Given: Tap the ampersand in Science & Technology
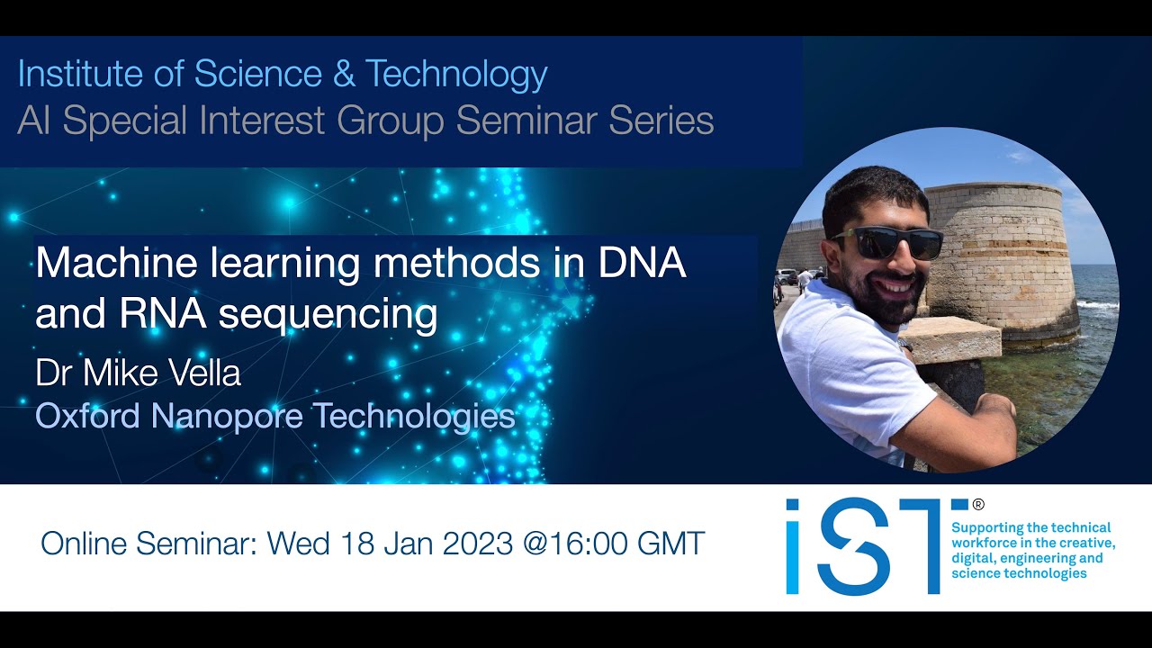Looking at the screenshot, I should pos(343,75).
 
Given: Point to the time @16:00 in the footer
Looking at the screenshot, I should pos(587,544).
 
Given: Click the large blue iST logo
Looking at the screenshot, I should pos(864,546).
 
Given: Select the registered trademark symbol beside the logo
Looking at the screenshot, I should pos(978,506).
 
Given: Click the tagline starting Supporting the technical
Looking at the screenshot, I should pos(1032,550).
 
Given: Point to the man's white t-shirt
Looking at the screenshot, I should pos(846,378).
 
